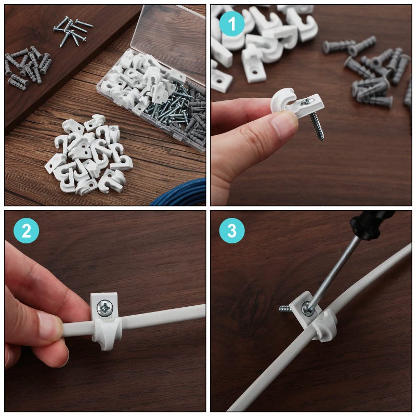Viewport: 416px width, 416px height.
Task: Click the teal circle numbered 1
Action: [x=231, y=24]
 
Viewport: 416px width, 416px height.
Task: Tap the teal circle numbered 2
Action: [x=27, y=231]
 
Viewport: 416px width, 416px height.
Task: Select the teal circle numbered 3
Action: [x=231, y=231]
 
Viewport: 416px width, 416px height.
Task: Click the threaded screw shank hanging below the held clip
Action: [x=316, y=126]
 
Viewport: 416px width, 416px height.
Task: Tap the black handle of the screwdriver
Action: [x=372, y=222]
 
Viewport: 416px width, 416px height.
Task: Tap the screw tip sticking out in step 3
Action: [x=285, y=308]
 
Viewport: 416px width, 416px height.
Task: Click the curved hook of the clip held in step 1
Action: [x=283, y=99]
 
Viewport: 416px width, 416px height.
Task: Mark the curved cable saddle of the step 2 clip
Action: [x=108, y=333]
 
